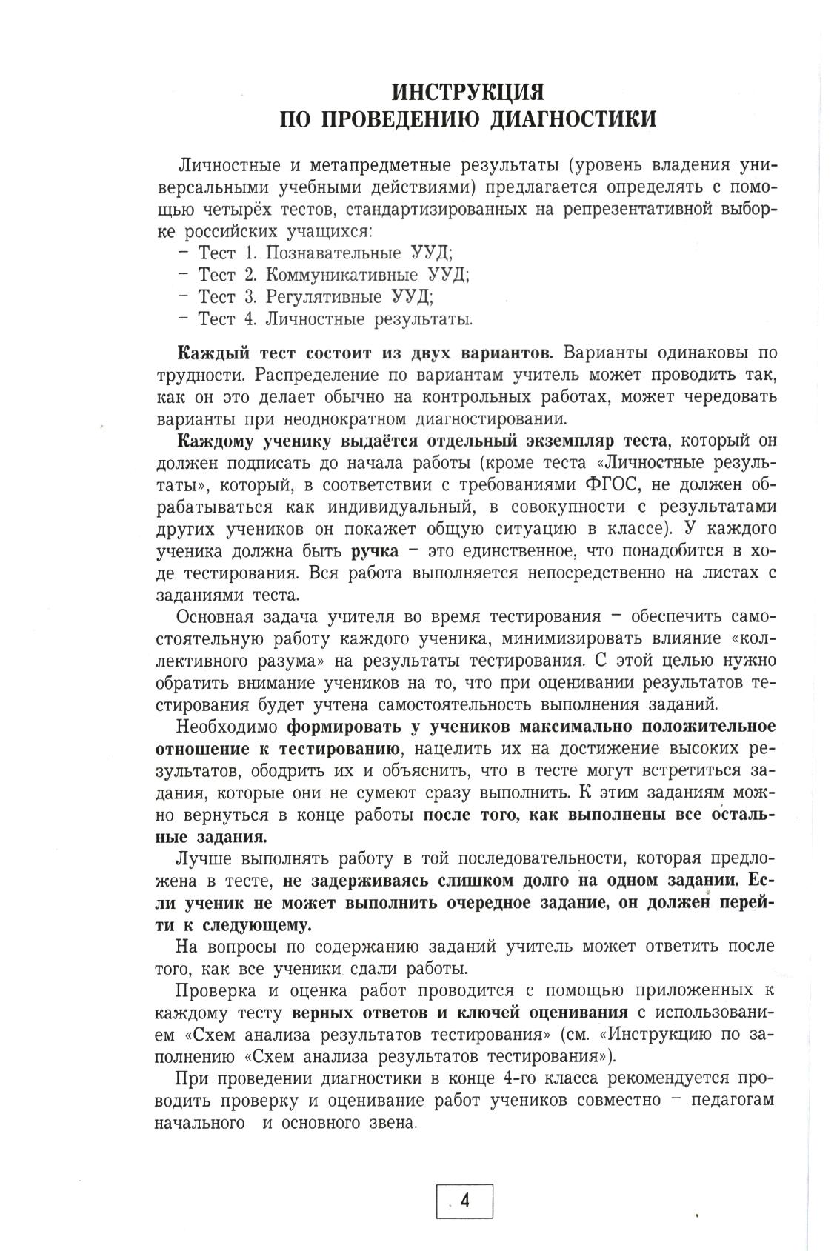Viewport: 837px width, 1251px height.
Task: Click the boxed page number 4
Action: (465, 1201)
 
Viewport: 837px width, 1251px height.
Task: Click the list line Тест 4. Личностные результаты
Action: (326, 319)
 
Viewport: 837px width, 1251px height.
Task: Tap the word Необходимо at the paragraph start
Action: (227, 726)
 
